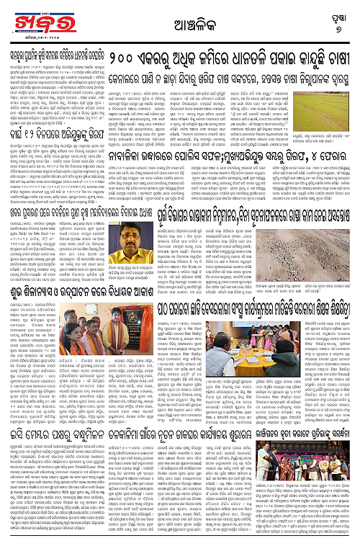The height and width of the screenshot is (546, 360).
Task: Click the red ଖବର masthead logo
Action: click(x=33, y=18)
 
